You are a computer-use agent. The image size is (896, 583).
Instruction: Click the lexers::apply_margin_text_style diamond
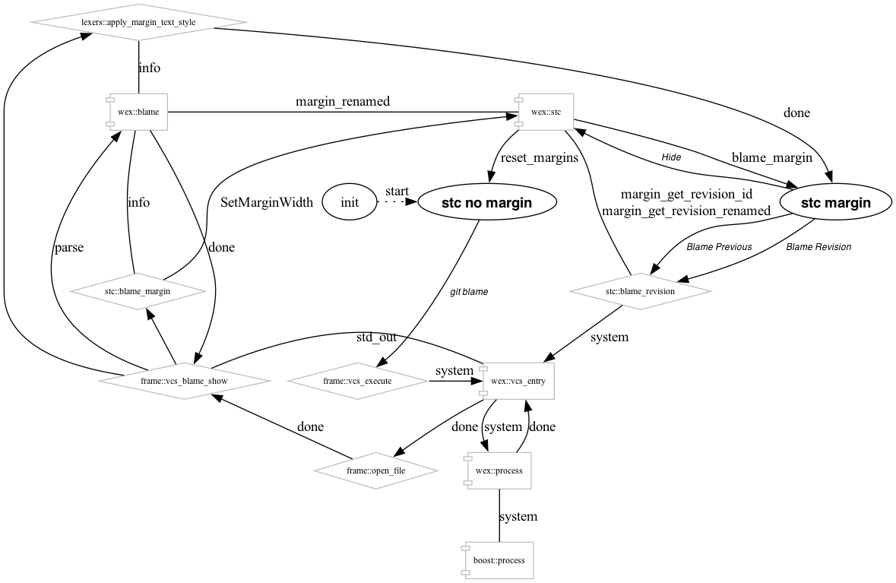click(x=138, y=22)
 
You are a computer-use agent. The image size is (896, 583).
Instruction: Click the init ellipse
click(x=350, y=202)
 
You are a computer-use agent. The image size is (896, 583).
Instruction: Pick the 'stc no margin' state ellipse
click(x=487, y=202)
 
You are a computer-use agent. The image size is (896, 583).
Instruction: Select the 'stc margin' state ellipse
click(x=834, y=202)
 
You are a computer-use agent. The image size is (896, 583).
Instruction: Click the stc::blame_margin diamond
click(x=138, y=290)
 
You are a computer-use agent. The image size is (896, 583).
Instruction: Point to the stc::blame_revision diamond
click(x=641, y=290)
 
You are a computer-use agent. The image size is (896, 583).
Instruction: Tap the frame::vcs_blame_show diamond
click(x=185, y=380)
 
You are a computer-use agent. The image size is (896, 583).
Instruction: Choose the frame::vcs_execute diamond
click(x=357, y=380)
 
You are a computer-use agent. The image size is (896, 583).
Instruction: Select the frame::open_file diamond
click(x=376, y=471)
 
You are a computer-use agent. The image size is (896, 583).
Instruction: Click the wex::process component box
click(x=499, y=471)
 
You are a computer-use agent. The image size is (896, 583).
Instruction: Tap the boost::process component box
click(x=499, y=561)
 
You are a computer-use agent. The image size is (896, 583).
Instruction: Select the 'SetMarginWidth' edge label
click(x=266, y=203)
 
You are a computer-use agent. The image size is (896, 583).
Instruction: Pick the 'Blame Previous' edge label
click(x=718, y=247)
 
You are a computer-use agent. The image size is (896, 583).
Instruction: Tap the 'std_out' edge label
click(x=376, y=337)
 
